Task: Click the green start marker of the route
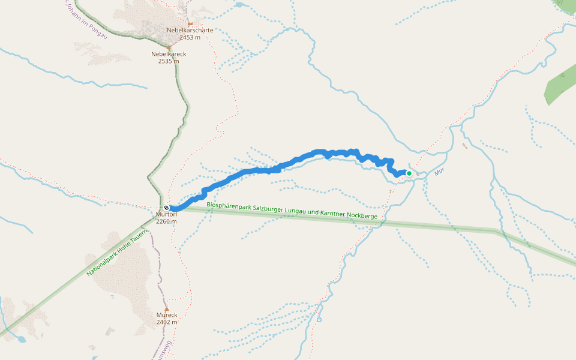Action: (409, 173)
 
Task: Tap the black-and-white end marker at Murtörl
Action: (166, 208)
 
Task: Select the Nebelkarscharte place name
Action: (190, 30)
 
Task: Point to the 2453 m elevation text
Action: (190, 37)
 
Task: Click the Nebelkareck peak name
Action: (169, 54)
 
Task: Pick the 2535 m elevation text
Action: (169, 61)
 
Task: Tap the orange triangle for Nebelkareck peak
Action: (169, 47)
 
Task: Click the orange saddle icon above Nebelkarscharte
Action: (190, 23)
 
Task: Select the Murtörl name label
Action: (166, 214)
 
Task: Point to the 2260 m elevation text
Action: (166, 221)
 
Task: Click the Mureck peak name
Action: (167, 315)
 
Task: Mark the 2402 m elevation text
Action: (167, 322)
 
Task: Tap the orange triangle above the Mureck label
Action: (167, 309)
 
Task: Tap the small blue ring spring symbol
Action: (319, 320)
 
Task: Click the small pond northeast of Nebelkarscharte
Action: (240, 5)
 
